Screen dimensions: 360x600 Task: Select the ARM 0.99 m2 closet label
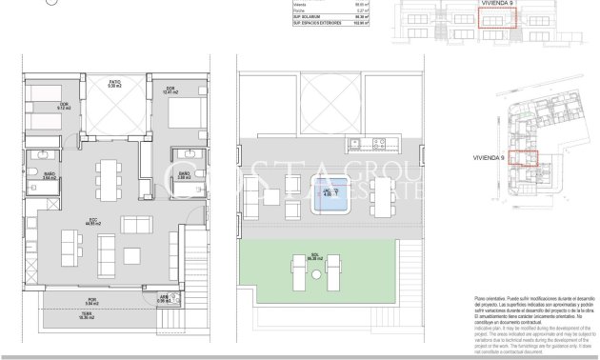point(165,298)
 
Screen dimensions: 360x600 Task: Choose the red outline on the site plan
point(524,163)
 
